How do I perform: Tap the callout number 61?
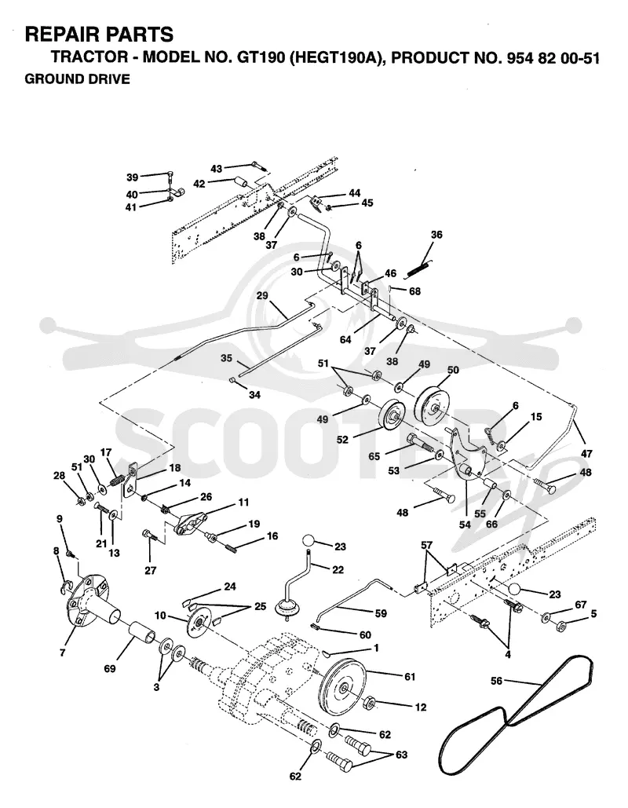tap(409, 677)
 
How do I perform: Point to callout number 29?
tap(262, 296)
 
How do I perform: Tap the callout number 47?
tap(586, 454)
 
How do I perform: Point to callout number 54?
tap(465, 524)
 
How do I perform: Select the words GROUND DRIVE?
tap(77, 79)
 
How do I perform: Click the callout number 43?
tap(216, 169)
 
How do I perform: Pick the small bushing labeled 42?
tap(240, 182)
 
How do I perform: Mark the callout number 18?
tap(174, 468)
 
